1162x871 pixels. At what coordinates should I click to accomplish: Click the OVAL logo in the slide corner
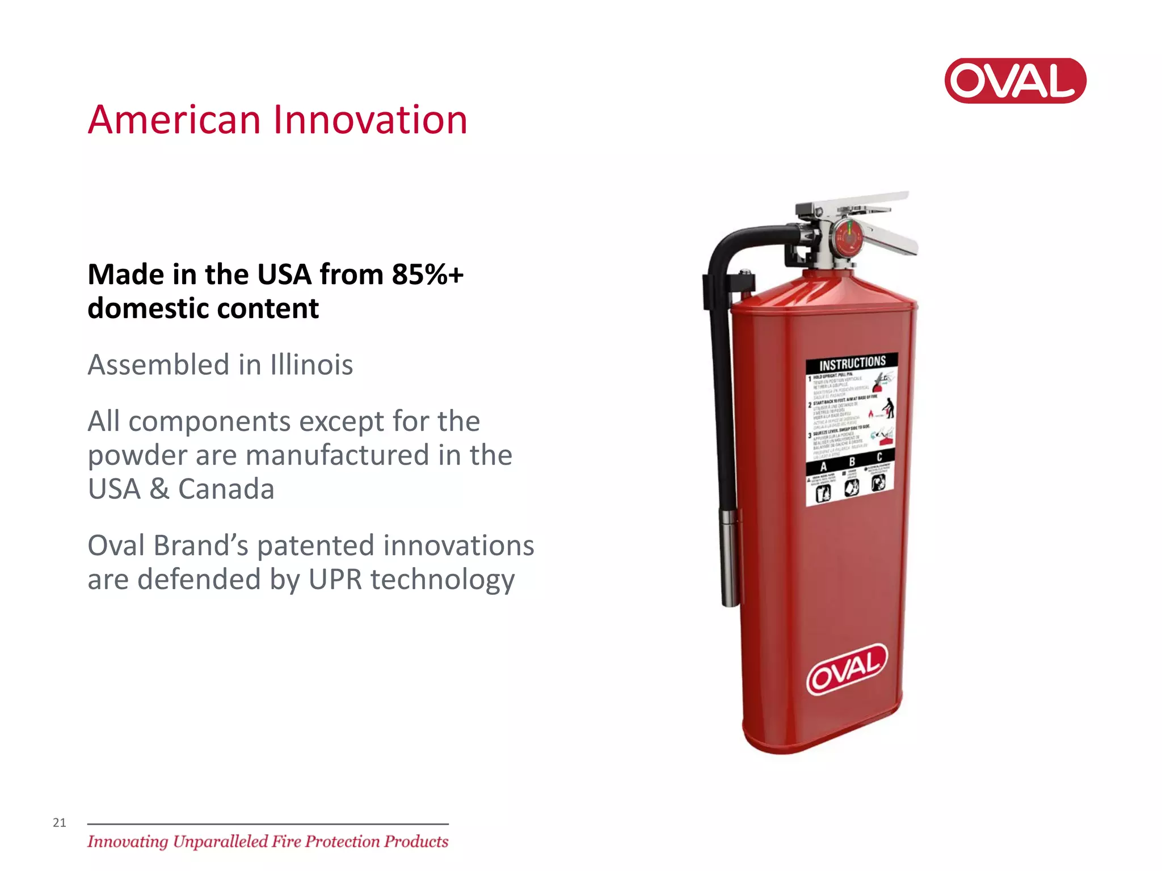(1015, 81)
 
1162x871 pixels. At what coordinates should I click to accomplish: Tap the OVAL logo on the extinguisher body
(847, 670)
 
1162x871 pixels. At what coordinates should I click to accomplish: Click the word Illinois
(311, 365)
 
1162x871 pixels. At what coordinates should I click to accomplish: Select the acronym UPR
(335, 580)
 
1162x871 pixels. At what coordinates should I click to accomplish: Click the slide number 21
(60, 822)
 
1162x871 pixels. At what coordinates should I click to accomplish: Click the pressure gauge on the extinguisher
(847, 238)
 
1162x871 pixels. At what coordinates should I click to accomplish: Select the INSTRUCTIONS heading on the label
(852, 362)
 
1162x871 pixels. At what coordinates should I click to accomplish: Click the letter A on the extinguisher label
(824, 467)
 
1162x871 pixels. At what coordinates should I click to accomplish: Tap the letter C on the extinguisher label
(879, 457)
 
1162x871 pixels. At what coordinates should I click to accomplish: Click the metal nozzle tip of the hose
(730, 556)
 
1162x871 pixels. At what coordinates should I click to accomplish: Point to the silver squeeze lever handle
(891, 238)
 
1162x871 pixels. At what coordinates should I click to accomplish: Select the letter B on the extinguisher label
(851, 462)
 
